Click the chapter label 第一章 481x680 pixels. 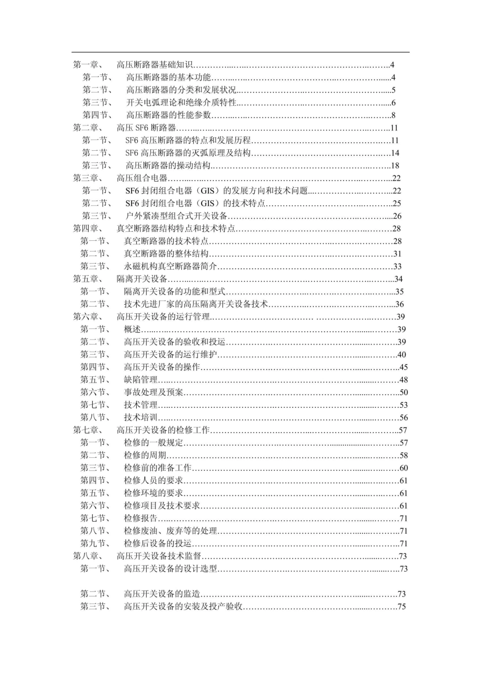(88, 65)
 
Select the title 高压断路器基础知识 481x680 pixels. (155, 65)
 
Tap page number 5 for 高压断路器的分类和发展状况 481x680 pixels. (393, 90)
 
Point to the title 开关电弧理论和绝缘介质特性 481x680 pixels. (181, 103)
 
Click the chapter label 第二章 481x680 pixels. (88, 128)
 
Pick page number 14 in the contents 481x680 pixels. (395, 153)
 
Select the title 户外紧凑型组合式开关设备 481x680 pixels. (176, 216)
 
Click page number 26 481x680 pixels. (397, 216)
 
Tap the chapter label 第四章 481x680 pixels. (88, 229)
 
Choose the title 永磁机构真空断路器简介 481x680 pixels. (171, 266)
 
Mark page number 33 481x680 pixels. (397, 266)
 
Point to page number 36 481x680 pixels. (399, 304)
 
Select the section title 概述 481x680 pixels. (132, 329)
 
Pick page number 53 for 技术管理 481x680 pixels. (404, 405)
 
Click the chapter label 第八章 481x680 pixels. (88, 556)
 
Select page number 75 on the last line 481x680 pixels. (402, 607)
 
